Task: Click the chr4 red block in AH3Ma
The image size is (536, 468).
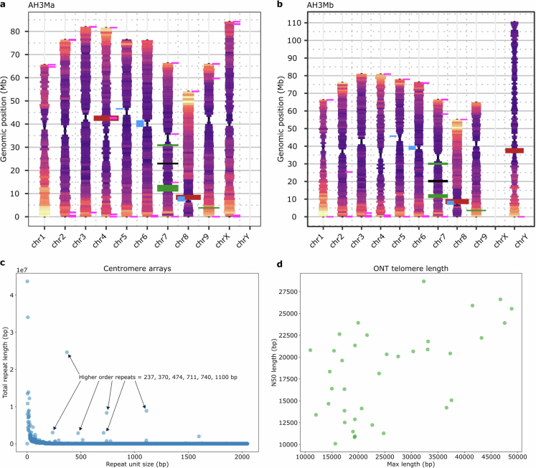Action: pyautogui.click(x=106, y=118)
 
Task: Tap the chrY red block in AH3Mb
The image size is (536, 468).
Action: pyautogui.click(x=514, y=151)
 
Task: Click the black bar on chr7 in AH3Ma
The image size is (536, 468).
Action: pyautogui.click(x=169, y=163)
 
